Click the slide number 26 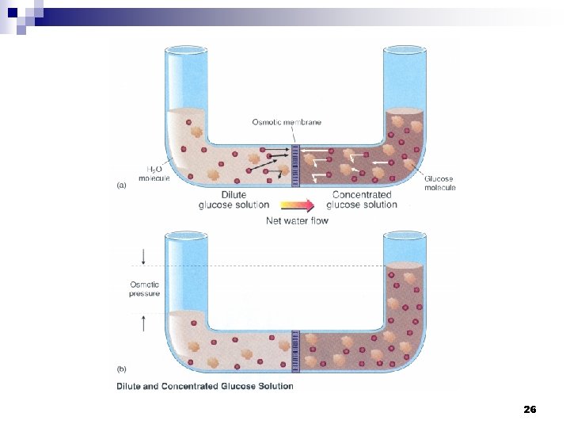pyautogui.click(x=530, y=409)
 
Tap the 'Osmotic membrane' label pyautogui.click(x=287, y=121)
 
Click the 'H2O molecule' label pyautogui.click(x=154, y=174)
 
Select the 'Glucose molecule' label pyautogui.click(x=439, y=182)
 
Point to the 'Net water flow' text pyautogui.click(x=297, y=220)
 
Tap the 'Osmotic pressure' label pyautogui.click(x=145, y=289)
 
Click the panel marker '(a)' pyautogui.click(x=121, y=185)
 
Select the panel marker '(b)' pyautogui.click(x=121, y=369)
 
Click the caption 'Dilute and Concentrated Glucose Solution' pyautogui.click(x=205, y=387)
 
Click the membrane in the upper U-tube pyautogui.click(x=295, y=165)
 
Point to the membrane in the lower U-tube pyautogui.click(x=295, y=351)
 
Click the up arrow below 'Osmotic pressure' pyautogui.click(x=144, y=322)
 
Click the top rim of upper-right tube pyautogui.click(x=405, y=48)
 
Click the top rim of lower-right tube pyautogui.click(x=405, y=235)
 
